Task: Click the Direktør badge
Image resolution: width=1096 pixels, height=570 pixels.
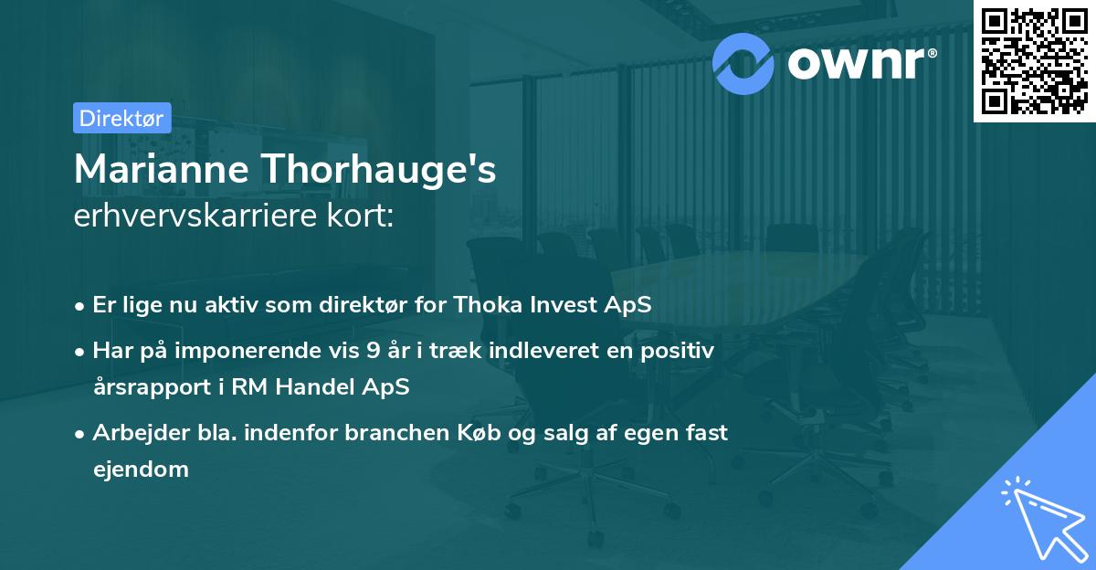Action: tap(121, 118)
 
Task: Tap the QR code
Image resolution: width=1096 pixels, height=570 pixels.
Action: tap(1033, 60)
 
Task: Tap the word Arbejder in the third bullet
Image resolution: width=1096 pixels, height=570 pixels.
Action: tap(136, 432)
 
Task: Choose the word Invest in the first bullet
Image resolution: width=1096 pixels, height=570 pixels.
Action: tap(560, 305)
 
